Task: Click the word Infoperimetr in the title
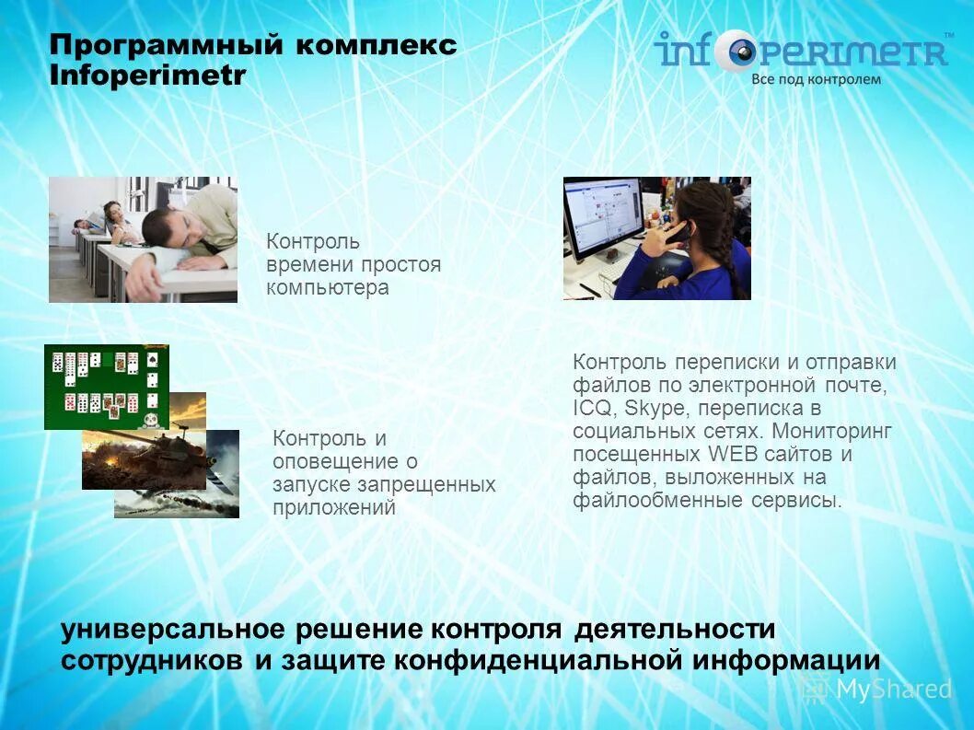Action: (147, 76)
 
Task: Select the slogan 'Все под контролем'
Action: (816, 79)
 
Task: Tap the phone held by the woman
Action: (679, 233)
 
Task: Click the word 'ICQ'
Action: (590, 408)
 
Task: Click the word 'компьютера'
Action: (328, 288)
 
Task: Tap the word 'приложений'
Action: (334, 508)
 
